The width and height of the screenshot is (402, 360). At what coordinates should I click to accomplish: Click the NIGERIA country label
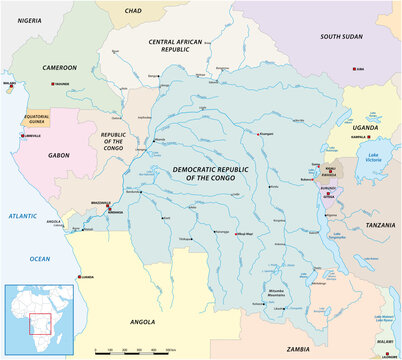coord(24,18)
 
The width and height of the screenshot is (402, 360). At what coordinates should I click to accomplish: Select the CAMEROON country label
coord(58,67)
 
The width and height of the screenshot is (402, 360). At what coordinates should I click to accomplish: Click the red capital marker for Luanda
coord(79,280)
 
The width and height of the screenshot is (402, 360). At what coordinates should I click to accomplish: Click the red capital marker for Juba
coord(357,68)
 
